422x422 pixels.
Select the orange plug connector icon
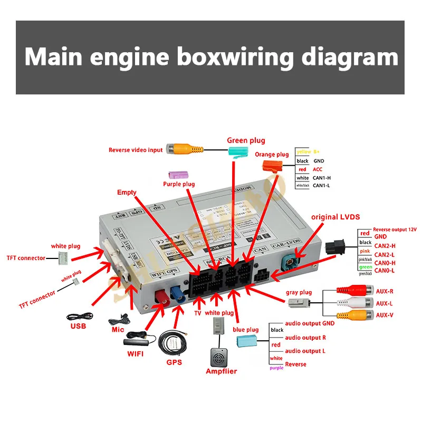(x=272, y=167)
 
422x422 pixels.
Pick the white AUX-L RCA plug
(x=349, y=304)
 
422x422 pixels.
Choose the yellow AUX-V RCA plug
(x=349, y=316)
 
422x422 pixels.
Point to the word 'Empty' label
(x=127, y=193)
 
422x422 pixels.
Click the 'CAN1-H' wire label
(x=322, y=178)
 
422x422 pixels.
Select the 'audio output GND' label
(x=310, y=323)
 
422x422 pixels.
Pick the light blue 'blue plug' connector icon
(x=248, y=340)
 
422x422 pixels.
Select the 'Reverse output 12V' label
(x=395, y=229)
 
